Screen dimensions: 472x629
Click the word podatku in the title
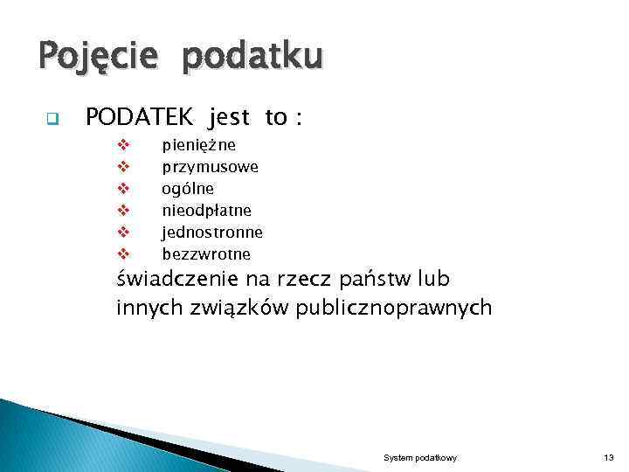252,58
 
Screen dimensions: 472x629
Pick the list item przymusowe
210,166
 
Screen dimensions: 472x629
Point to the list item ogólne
188,188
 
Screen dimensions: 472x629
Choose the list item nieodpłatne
206,210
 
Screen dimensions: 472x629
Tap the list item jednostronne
212,232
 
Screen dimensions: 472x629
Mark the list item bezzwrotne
206,253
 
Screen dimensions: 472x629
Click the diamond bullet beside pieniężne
123,144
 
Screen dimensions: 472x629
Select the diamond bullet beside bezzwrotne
123,254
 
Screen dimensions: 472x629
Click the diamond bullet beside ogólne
123,188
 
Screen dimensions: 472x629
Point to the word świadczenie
175,281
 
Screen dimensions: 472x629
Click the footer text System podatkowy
420,458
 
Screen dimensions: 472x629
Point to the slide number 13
608,458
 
